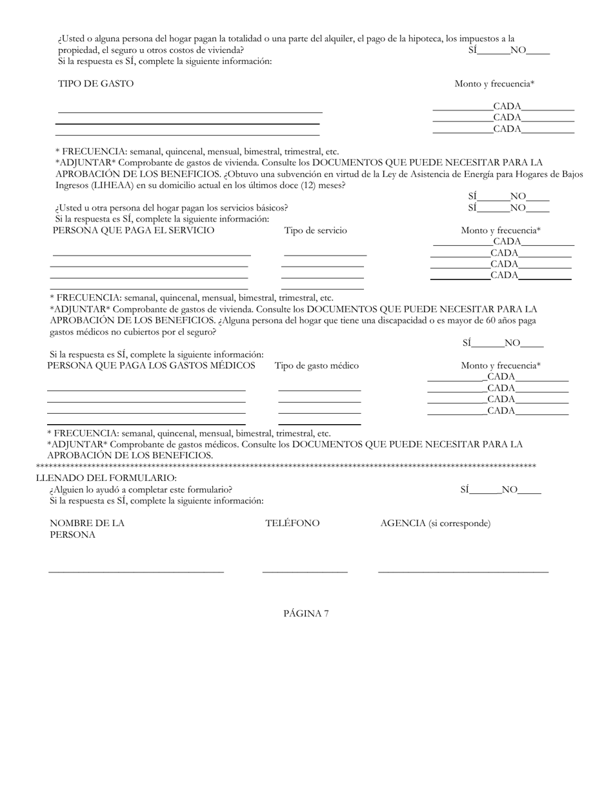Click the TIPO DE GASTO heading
coord(95,84)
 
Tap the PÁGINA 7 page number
coord(306,613)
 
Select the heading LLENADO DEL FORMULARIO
coord(106,478)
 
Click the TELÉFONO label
coord(292,523)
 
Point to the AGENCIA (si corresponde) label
coord(435,523)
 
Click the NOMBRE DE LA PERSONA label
coord(86,529)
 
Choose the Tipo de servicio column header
coord(316,230)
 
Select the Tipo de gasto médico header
coord(317,365)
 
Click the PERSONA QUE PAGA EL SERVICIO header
coord(134,230)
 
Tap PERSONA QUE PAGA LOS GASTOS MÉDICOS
coord(151,365)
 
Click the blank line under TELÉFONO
coord(305,571)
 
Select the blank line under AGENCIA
coord(463,571)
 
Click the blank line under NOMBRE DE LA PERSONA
coord(136,571)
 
